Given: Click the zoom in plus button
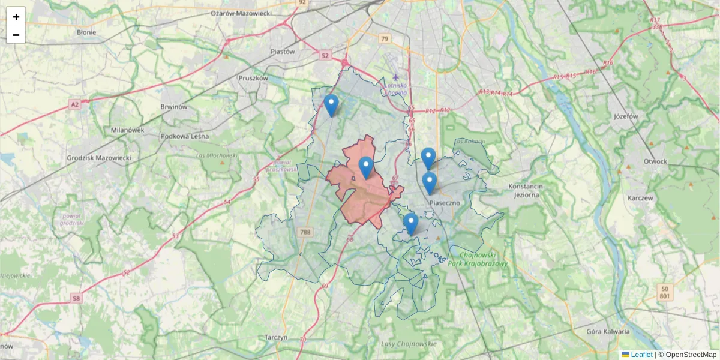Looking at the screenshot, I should pos(16,17).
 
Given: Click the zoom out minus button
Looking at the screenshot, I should pos(16,35).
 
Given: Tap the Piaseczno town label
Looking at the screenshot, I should pos(445,203).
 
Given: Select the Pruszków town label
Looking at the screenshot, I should pos(253,78).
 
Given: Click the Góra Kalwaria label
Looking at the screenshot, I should pos(608,331).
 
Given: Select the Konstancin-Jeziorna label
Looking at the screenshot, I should pos(526,190).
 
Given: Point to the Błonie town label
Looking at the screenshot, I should pos(86,32).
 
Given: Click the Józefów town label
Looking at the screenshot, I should pos(624,116).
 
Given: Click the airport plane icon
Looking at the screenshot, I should pos(395,77).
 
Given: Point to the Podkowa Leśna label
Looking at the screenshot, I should pos(184,136).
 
